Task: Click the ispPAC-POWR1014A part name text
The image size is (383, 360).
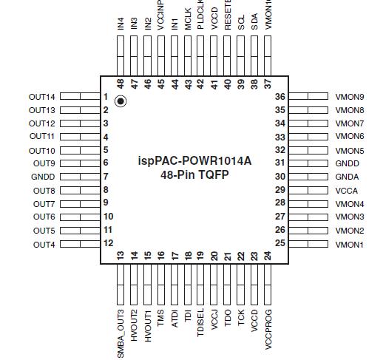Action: point(194,160)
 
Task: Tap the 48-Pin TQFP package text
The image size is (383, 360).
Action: point(194,176)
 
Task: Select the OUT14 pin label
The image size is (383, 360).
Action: point(42,97)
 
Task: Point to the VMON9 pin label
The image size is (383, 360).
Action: point(350,97)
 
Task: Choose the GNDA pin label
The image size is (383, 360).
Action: point(348,177)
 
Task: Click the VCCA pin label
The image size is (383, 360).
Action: point(347,190)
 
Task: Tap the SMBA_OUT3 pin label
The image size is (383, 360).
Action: point(121,333)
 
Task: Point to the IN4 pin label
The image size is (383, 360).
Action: point(121,24)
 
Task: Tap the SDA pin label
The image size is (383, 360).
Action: point(254,24)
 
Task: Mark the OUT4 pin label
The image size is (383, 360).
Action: point(44,244)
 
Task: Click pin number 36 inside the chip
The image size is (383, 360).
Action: point(280,97)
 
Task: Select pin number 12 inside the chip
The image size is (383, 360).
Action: point(107,243)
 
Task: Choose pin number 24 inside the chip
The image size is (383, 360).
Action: point(267,256)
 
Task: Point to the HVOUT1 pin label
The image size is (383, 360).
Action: point(147,325)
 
